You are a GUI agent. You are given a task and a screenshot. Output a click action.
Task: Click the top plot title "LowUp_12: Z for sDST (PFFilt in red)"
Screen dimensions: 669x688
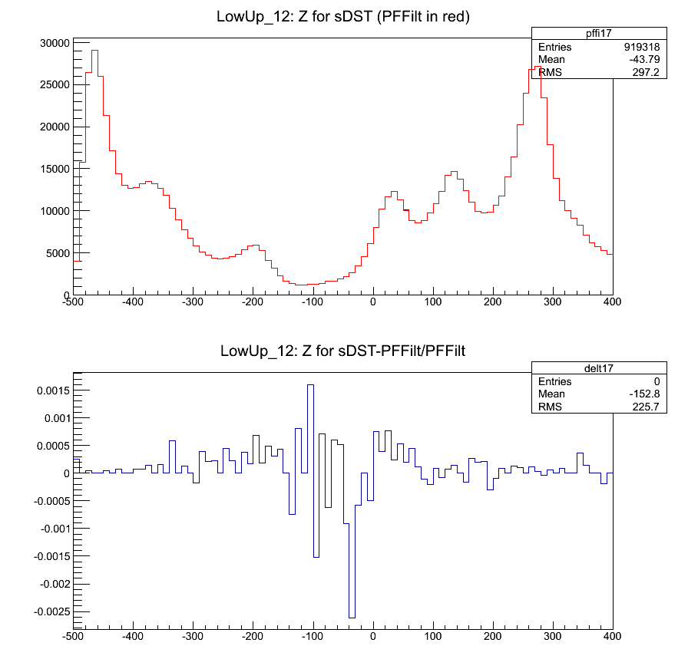pos(343,17)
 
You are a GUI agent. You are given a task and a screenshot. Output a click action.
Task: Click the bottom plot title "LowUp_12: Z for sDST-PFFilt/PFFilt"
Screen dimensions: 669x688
pos(343,351)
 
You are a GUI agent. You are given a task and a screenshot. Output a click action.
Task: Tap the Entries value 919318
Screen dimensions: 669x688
pos(640,48)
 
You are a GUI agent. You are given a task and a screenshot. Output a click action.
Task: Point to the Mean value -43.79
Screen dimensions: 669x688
pos(644,60)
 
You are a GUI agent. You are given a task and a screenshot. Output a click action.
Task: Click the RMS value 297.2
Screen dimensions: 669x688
pos(647,73)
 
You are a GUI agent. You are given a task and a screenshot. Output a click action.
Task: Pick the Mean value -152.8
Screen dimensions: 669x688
pos(644,394)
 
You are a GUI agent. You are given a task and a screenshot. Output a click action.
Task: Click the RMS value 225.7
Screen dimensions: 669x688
pos(647,407)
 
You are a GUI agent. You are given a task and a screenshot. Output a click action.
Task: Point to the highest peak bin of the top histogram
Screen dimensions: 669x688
pos(94,51)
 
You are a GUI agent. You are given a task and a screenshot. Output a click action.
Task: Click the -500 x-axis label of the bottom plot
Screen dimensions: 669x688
pos(73,636)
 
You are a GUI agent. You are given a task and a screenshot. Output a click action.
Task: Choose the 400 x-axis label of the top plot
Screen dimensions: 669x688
pos(612,302)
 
